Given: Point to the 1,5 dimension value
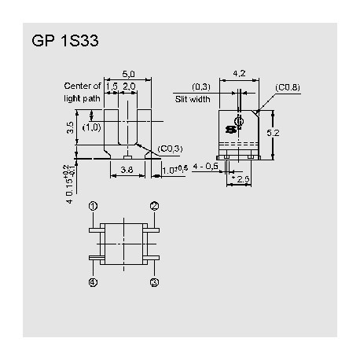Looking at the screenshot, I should click(112, 86).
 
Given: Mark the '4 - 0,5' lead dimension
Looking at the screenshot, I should click(208, 167).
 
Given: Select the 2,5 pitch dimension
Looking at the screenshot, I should click(243, 180).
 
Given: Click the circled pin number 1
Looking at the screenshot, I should click(93, 206).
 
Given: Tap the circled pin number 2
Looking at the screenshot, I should click(155, 206).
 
